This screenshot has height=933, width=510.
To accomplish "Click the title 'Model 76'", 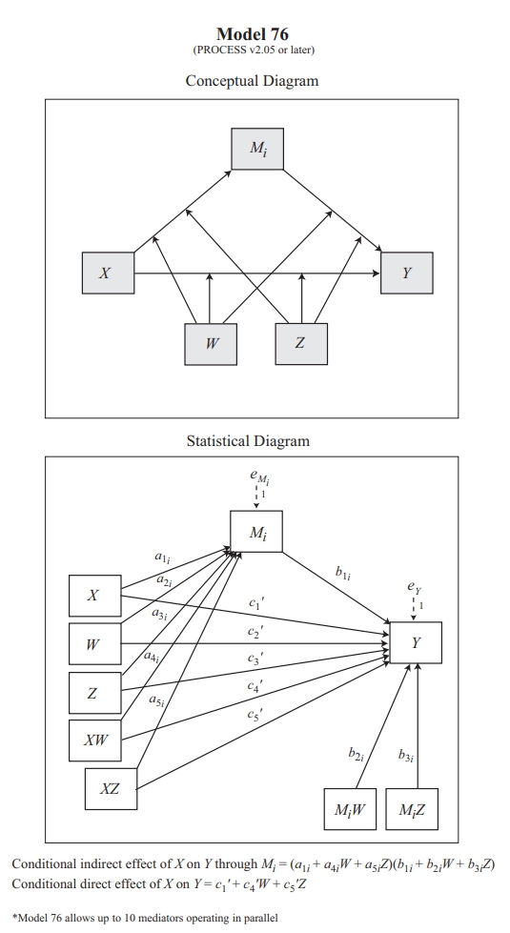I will (253, 34).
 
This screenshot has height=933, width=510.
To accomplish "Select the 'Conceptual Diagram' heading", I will (252, 81).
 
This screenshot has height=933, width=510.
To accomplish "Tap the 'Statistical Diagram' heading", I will (248, 441).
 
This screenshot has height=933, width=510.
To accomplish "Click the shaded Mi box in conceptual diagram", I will (257, 148).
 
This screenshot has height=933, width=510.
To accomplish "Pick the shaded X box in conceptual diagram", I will (107, 273).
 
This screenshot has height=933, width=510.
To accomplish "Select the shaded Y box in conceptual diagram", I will (407, 273).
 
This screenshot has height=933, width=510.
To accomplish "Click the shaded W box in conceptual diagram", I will (211, 344).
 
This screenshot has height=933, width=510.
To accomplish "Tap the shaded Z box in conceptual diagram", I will (300, 344).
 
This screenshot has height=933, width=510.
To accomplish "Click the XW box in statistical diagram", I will (95, 740).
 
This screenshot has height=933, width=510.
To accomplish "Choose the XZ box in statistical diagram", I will (111, 789).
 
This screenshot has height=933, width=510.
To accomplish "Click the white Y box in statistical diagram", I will (416, 642).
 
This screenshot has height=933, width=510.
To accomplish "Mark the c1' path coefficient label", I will (255, 603).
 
